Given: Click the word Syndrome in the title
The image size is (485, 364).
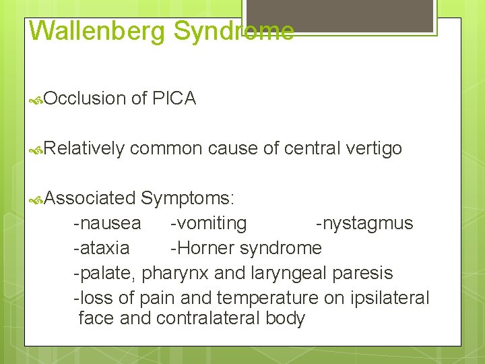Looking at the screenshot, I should pos(233,31).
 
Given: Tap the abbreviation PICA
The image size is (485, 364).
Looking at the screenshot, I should pos(174,98).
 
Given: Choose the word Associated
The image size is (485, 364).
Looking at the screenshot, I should pos(91,198).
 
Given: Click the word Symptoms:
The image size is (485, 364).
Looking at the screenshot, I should pos(188,198).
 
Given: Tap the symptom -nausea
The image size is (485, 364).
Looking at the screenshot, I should pos(108,223).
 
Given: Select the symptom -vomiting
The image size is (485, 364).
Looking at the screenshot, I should pos(208,223).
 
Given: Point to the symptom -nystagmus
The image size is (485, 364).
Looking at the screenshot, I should pos(364,223).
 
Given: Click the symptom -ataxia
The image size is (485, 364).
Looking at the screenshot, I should pos(102,248).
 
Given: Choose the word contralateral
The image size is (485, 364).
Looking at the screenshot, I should pos(210,318).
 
